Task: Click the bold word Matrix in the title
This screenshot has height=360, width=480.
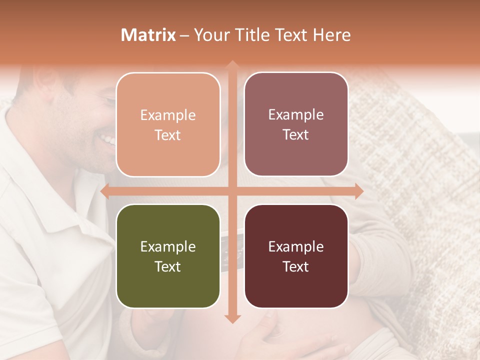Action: [148, 35]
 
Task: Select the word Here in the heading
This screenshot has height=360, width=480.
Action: [331, 35]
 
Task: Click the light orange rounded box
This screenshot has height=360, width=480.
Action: [168, 124]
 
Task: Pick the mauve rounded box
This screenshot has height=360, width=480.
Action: [296, 124]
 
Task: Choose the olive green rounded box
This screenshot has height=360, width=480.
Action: [168, 256]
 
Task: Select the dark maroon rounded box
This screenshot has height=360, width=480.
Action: [296, 256]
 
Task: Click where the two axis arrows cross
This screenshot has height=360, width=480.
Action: [232, 191]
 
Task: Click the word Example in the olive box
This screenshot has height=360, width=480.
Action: [168, 246]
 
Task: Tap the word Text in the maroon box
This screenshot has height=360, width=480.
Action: [296, 266]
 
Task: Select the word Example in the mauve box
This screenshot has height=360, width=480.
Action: [296, 115]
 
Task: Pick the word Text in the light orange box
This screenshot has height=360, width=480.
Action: [168, 135]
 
